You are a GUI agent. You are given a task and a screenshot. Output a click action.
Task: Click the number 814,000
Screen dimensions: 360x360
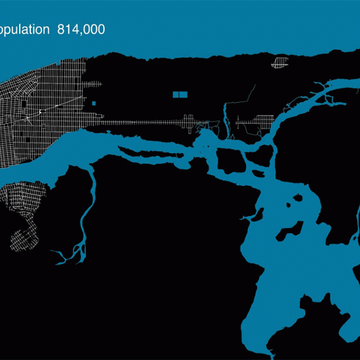coord(81,30)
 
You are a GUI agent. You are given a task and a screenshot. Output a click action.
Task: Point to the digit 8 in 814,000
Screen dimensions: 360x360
coord(61,30)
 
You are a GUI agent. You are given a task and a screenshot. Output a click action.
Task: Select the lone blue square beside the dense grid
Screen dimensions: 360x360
coord(93,103)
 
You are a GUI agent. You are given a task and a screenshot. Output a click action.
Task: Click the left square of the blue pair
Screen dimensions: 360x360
coord(175,95)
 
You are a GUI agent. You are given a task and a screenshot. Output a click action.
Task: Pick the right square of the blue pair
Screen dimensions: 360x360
coord(183,95)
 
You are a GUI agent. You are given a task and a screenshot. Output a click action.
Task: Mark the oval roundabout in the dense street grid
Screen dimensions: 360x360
coord(40,112)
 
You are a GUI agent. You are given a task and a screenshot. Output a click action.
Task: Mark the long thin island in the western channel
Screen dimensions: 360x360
coord(152,152)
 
